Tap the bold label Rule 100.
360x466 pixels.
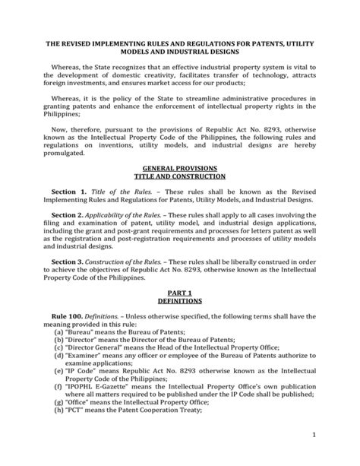point(68,315)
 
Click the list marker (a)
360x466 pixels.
point(58,333)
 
